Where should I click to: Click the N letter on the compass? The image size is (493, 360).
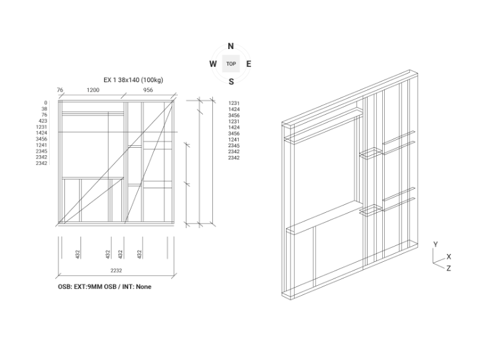tap(231, 46)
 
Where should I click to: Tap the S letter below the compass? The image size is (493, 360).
tap(231, 82)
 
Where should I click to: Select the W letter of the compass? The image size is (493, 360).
tap(213, 64)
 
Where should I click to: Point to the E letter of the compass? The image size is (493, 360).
tap(249, 64)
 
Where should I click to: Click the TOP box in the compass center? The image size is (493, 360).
tap(231, 64)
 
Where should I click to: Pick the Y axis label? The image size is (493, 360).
tap(435, 245)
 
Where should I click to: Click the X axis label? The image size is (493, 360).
tap(449, 257)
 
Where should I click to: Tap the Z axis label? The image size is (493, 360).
tap(449, 268)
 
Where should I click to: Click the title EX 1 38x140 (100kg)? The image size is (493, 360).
tap(133, 80)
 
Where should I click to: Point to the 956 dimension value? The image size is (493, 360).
tap(149, 90)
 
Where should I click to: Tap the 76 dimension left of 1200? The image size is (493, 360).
tap(60, 90)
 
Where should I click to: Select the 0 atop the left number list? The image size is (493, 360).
tap(45, 103)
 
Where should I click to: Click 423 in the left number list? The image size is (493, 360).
tap(42, 121)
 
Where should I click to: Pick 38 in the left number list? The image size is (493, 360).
tap(44, 109)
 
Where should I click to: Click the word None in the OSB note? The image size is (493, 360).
tap(143, 286)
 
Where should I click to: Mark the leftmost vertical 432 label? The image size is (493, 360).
tap(78, 254)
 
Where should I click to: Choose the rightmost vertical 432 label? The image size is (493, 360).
tap(139, 254)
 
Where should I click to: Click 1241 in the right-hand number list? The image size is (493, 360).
tap(234, 139)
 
